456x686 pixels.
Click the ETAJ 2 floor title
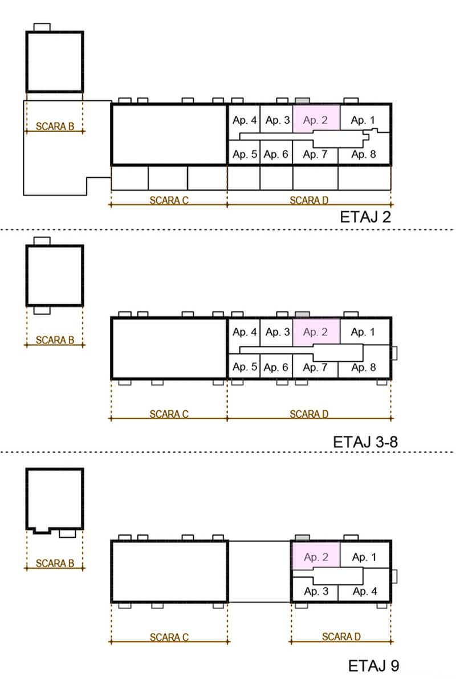pyautogui.click(x=365, y=217)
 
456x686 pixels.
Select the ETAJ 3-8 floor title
pyautogui.click(x=365, y=442)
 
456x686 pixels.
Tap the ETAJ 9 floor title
pyautogui.click(x=373, y=666)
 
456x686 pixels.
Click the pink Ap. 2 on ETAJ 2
pyautogui.click(x=315, y=120)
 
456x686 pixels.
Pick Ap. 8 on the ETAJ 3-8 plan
pyautogui.click(x=364, y=367)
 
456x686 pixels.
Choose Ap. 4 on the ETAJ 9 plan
pyautogui.click(x=365, y=591)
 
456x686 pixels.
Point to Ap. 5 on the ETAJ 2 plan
pyautogui.click(x=245, y=154)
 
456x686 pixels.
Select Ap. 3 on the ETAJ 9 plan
pyautogui.click(x=316, y=591)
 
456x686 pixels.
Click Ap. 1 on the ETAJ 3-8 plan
pyautogui.click(x=363, y=332)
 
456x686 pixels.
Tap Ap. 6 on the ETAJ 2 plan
pyautogui.click(x=276, y=154)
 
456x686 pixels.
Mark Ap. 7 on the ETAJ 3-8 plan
pyautogui.click(x=315, y=367)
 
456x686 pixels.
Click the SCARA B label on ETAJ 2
pyautogui.click(x=55, y=126)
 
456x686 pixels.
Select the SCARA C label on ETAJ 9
pyautogui.click(x=169, y=638)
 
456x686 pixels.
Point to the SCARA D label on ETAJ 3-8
pyautogui.click(x=309, y=414)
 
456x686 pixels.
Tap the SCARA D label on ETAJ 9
pyautogui.click(x=341, y=636)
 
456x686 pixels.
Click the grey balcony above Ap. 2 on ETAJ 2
pyautogui.click(x=302, y=101)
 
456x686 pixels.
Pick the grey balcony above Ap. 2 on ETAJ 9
pyautogui.click(x=302, y=538)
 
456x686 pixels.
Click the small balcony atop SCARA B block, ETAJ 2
pyautogui.click(x=42, y=27)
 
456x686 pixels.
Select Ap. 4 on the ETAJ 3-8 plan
pyautogui.click(x=244, y=332)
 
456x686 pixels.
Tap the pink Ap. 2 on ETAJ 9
pyautogui.click(x=316, y=557)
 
